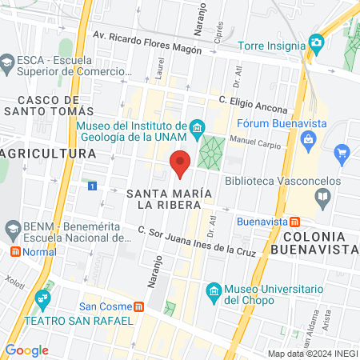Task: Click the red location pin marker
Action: [x=181, y=163]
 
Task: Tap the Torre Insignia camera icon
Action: [x=317, y=42]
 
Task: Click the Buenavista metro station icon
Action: [x=295, y=221]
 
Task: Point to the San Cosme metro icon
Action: [x=139, y=306]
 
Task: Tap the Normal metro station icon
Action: [x=14, y=251]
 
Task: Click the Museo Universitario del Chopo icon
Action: [x=213, y=290]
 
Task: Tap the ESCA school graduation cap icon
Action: [x=7, y=62]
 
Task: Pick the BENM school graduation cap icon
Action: [x=12, y=230]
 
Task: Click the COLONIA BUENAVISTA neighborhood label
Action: [x=313, y=242]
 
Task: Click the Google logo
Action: [x=26, y=350]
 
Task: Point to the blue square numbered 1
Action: [x=94, y=186]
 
